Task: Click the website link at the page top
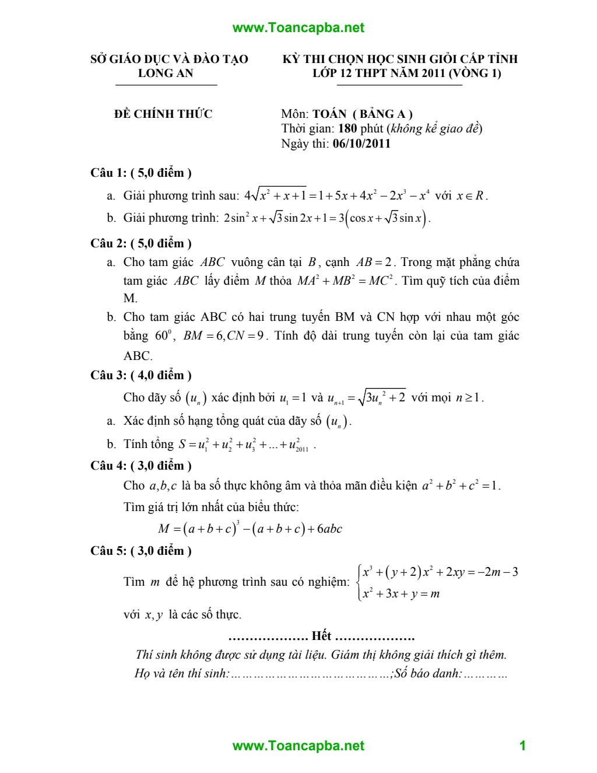point(298,27)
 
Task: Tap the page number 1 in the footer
point(522,745)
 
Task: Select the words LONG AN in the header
point(166,73)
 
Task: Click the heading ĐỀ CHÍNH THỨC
point(163,114)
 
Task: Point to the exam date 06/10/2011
point(361,144)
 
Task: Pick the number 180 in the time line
point(347,128)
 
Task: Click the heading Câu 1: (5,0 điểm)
point(141,173)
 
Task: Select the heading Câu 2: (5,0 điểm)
point(141,243)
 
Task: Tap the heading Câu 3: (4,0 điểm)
point(141,375)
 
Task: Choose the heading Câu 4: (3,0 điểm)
point(141,466)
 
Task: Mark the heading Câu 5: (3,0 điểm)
point(141,551)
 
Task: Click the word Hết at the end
point(321,636)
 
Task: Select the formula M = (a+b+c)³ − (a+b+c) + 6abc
point(250,529)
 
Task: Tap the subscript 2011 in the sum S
point(302,449)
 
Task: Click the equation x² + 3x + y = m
point(401,594)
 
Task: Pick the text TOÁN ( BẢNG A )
point(362,114)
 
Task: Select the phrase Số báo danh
point(428,673)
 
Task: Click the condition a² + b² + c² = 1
point(461,485)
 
